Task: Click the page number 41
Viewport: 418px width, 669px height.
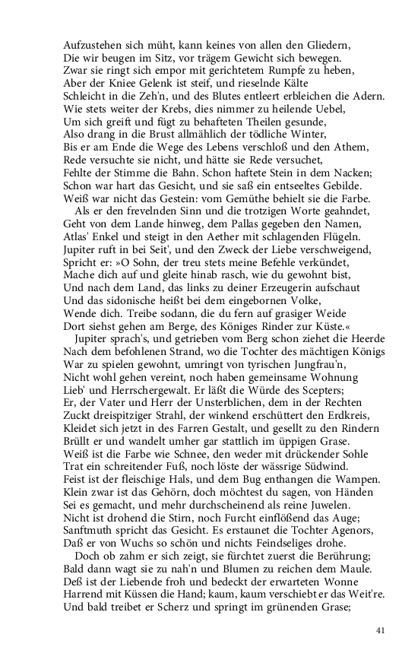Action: [x=382, y=630]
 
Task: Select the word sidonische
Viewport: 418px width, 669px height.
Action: [x=131, y=300]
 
